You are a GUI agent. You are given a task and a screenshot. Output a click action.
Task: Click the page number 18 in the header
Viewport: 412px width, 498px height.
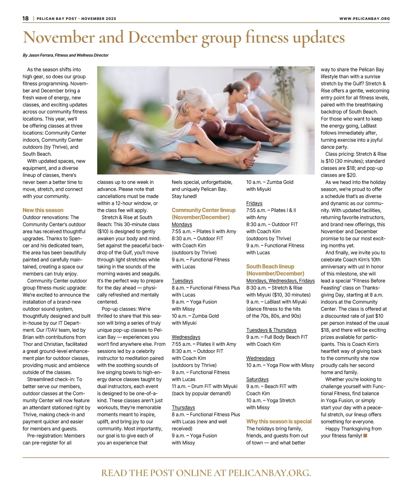[25, 19]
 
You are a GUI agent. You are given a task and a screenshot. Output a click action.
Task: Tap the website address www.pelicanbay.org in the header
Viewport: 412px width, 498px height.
[364, 19]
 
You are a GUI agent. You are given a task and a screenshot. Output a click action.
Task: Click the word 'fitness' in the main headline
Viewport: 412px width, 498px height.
[267, 37]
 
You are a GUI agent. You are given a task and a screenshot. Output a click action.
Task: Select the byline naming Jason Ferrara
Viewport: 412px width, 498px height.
[66, 55]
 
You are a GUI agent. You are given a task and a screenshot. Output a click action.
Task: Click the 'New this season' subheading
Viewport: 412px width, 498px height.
[43, 210]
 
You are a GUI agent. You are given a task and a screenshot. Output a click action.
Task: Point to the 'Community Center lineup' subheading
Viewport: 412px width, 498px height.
[204, 210]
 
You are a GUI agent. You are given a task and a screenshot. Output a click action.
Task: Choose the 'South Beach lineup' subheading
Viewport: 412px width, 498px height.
[270, 266]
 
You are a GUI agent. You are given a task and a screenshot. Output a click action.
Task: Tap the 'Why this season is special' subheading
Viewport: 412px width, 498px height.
[279, 421]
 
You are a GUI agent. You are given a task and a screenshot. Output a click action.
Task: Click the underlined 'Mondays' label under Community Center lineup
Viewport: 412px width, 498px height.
[182, 224]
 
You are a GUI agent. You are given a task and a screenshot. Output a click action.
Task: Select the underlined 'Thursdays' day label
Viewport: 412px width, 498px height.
[183, 407]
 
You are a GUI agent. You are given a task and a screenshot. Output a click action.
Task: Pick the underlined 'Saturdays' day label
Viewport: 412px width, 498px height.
[257, 379]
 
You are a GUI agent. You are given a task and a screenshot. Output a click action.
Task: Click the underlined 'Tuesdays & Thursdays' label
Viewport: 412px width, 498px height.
[271, 330]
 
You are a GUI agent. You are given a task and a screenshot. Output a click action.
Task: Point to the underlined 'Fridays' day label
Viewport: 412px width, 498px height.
[254, 203]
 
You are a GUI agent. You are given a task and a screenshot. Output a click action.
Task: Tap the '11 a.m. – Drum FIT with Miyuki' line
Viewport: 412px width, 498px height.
[205, 386]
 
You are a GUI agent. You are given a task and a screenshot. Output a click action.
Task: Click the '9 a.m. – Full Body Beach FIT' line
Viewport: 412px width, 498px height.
[277, 337]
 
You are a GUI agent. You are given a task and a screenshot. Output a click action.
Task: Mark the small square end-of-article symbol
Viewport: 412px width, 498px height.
[365, 436]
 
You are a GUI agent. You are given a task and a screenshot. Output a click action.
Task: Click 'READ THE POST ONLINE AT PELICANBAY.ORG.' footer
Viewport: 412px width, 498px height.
[206, 473]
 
